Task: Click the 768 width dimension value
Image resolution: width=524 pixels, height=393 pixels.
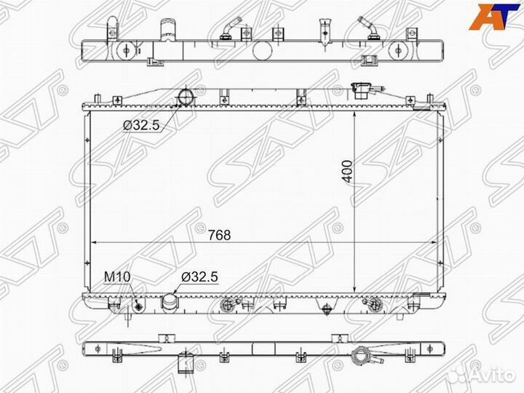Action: coord(219,235)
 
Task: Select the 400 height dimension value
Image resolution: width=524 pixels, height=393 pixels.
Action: coord(347,172)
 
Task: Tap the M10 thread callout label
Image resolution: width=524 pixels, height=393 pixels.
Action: coord(117,277)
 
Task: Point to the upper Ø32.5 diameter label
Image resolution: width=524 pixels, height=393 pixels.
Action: coord(141,125)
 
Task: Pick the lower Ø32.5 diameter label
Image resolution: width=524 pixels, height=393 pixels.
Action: coord(199,277)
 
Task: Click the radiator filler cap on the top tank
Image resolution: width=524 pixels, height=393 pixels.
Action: coord(362,90)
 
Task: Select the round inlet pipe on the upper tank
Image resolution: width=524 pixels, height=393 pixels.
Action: coord(186,98)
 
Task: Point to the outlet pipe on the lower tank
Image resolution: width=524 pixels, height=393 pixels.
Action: coord(170,302)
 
